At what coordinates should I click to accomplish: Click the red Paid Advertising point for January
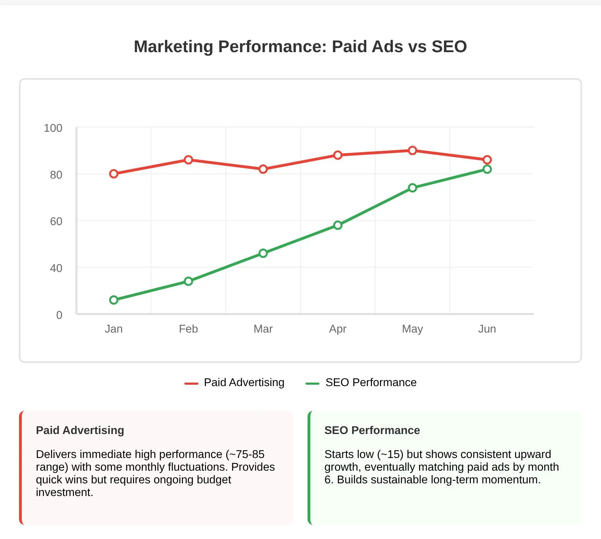(x=114, y=174)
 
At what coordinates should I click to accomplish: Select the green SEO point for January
(x=114, y=300)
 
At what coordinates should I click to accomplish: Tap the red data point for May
(x=412, y=150)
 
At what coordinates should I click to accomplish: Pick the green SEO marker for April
(x=338, y=225)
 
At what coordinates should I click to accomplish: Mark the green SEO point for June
(x=487, y=169)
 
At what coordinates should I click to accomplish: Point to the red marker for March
(x=263, y=169)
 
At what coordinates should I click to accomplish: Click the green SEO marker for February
(x=188, y=281)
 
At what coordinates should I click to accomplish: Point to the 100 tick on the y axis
(x=53, y=128)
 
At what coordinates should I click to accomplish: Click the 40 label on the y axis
(x=56, y=268)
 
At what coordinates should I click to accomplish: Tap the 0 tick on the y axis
(x=59, y=315)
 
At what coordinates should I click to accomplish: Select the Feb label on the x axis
(x=188, y=329)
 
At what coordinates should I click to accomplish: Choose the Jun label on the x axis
(x=487, y=329)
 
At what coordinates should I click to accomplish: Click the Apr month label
(x=338, y=329)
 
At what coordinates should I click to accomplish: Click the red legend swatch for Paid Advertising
(x=191, y=383)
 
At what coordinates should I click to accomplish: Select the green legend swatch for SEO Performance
(x=312, y=383)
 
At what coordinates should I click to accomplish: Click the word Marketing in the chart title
(x=173, y=47)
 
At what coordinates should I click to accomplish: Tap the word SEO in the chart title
(x=449, y=47)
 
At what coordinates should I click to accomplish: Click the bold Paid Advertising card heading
(x=80, y=430)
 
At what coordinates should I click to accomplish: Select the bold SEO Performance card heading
(x=372, y=430)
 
